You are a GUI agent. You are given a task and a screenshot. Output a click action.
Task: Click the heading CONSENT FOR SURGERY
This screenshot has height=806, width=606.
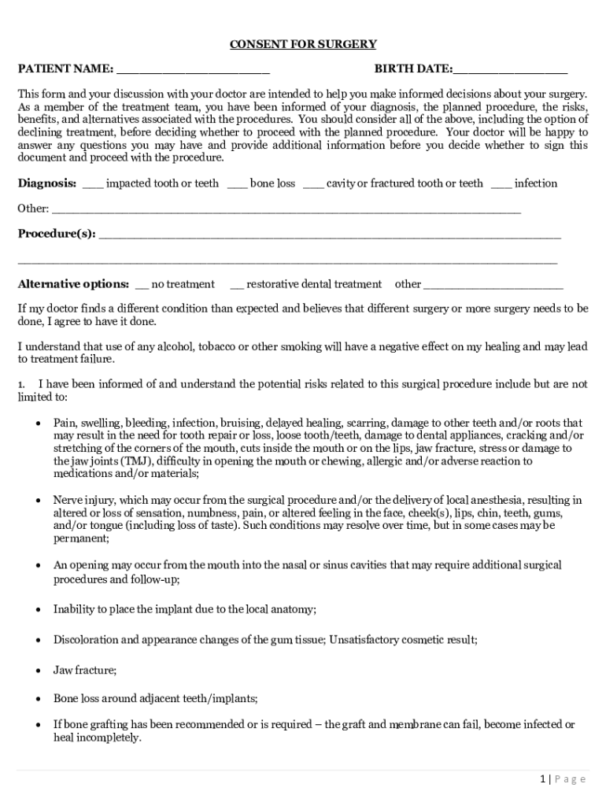pyautogui.click(x=303, y=44)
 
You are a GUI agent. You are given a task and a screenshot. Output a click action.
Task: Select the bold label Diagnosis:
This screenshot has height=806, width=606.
pyautogui.click(x=47, y=183)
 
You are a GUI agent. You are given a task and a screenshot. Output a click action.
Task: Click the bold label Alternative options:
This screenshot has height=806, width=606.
pyautogui.click(x=73, y=284)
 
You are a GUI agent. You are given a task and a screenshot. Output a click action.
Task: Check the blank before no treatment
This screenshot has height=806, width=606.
pyautogui.click(x=142, y=287)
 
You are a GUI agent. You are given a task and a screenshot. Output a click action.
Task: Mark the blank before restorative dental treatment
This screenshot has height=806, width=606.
pyautogui.click(x=236, y=287)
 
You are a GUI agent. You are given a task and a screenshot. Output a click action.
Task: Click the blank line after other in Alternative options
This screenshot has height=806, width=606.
pyautogui.click(x=493, y=287)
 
